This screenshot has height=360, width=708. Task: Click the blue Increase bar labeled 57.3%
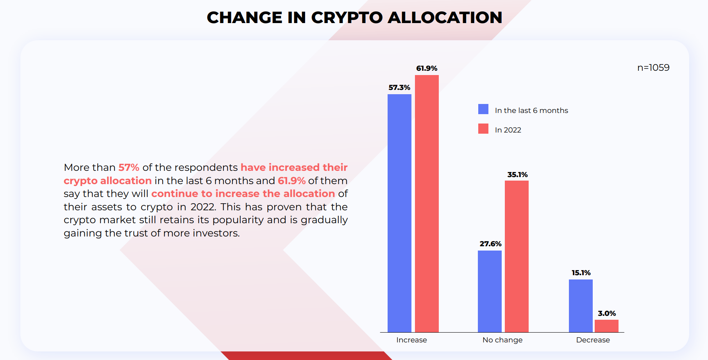[399, 213]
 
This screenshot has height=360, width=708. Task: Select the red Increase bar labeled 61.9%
[427, 204]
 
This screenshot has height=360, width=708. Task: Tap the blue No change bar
[490, 291]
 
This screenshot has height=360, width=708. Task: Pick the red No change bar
[517, 256]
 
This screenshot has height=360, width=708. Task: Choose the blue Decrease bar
[581, 306]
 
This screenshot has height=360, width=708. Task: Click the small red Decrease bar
[606, 326]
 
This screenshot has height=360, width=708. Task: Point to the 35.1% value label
[517, 175]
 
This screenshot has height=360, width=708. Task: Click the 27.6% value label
[490, 244]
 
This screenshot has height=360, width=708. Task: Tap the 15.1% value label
[581, 273]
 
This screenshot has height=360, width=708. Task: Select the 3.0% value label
[607, 313]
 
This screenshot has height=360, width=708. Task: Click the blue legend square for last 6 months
[483, 109]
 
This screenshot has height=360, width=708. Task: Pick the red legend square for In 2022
[483, 129]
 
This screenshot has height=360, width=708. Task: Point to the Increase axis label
[411, 340]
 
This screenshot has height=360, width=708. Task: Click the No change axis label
[502, 340]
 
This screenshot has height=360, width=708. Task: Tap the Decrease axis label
[593, 340]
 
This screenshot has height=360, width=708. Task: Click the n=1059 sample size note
[653, 68]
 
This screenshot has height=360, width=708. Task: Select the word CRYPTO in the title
[347, 18]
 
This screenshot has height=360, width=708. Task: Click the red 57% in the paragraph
[129, 167]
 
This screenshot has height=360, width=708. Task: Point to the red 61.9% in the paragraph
[291, 181]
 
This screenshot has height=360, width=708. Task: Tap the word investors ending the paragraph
[211, 233]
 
